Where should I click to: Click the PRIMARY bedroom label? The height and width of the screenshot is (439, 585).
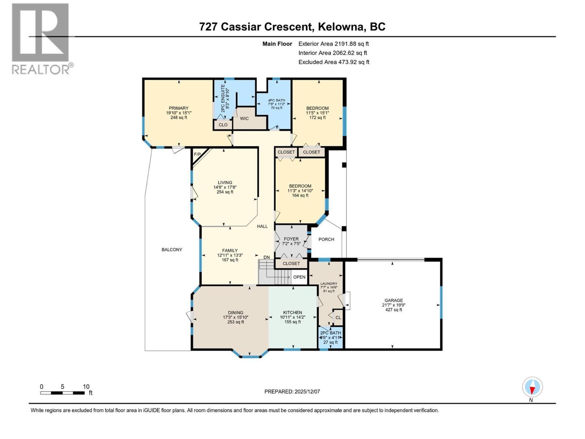178,108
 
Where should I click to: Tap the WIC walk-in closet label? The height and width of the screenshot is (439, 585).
244,119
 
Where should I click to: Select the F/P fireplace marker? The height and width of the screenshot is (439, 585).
197,154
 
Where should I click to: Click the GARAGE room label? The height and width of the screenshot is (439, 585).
393,300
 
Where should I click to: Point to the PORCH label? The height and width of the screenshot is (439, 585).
326,239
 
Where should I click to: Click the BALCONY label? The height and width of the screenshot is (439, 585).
172,249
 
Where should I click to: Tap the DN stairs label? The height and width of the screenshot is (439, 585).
267,257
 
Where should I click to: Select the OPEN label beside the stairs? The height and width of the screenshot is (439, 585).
299,277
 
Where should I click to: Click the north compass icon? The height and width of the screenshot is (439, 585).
532,387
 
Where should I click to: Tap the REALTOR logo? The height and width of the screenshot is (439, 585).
41,38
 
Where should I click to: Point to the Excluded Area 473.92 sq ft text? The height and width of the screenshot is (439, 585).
333,62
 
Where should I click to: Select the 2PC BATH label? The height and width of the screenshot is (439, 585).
330,333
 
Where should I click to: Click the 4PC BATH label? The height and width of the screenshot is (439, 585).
276,100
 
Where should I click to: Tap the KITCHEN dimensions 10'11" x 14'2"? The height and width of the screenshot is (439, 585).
292,317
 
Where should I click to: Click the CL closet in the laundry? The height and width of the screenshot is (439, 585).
338,318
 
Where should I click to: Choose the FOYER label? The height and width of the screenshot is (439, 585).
291,239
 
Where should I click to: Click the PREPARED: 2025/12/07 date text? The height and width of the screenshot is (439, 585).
292,391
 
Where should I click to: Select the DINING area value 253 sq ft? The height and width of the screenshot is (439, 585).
235,322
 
